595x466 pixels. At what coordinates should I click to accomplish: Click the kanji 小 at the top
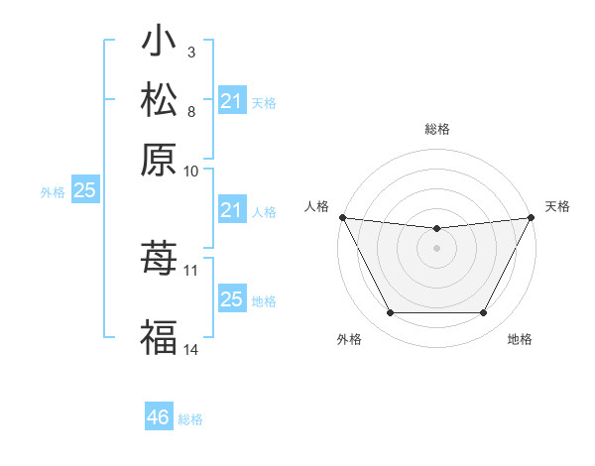click(x=159, y=43)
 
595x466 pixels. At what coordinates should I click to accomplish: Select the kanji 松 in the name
click(x=159, y=100)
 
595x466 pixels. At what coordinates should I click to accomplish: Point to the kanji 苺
click(x=159, y=258)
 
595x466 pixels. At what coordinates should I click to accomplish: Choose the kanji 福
click(x=159, y=336)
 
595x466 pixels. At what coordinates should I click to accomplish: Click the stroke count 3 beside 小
click(x=190, y=52)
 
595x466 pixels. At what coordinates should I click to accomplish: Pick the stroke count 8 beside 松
click(x=190, y=110)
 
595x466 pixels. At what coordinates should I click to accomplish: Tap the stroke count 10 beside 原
click(x=191, y=171)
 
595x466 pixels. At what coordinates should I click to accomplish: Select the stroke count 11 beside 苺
click(x=191, y=269)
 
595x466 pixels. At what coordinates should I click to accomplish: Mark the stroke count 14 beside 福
click(x=191, y=349)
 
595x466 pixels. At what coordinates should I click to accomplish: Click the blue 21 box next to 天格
click(x=231, y=101)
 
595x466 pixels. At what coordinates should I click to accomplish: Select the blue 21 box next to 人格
click(x=231, y=210)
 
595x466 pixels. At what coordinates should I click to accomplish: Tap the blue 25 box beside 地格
click(x=231, y=299)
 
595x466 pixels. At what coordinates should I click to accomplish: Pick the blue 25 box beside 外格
click(x=84, y=191)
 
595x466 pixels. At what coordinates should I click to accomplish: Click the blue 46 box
click(x=158, y=417)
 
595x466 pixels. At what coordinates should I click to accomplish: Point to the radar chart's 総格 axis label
click(x=436, y=129)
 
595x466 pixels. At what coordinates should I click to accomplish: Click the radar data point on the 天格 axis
click(x=532, y=217)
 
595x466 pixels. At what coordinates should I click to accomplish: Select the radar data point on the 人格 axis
click(x=342, y=217)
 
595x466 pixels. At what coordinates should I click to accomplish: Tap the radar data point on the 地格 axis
click(x=483, y=313)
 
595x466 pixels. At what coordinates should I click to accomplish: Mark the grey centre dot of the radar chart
click(x=436, y=248)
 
